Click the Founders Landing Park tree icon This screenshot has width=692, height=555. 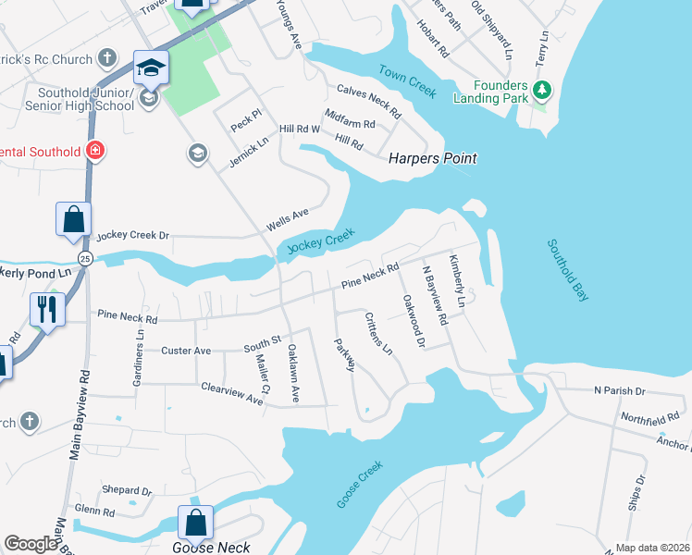[x=543, y=91]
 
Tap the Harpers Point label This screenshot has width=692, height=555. [x=433, y=158]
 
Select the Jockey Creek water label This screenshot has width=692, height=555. [x=321, y=243]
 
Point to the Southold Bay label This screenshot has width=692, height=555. [x=567, y=270]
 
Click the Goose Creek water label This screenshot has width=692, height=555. [x=359, y=484]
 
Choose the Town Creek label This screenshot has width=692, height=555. [x=407, y=80]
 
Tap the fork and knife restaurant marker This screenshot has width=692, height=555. [x=45, y=309]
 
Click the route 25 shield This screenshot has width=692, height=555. [x=85, y=257]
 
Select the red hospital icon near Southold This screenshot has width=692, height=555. [x=95, y=150]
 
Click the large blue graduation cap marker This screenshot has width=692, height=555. [x=151, y=68]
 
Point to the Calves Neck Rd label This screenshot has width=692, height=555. [x=369, y=102]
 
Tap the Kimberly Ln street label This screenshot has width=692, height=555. [x=457, y=281]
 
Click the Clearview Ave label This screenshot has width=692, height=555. [x=232, y=393]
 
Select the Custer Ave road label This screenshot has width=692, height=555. [x=186, y=351]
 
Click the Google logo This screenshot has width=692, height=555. [x=31, y=544]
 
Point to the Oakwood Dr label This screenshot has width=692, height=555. [x=413, y=320]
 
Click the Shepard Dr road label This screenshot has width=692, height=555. [x=127, y=490]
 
